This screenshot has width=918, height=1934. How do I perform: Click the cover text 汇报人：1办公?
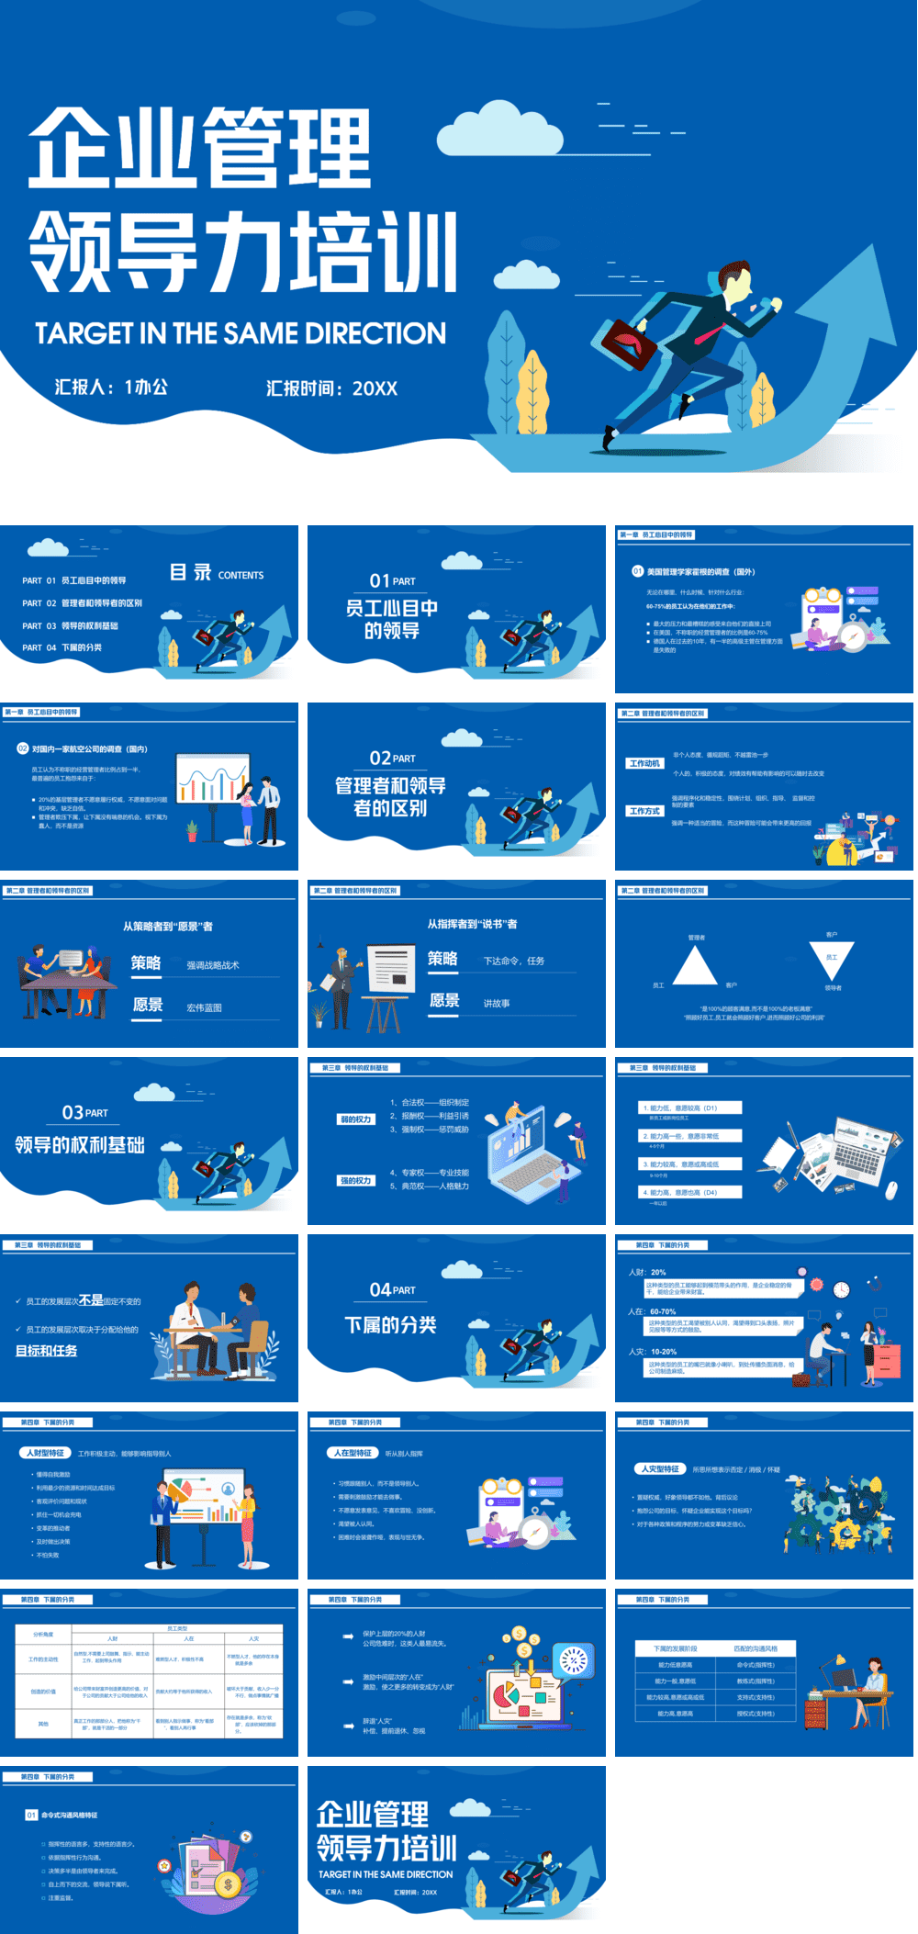point(111,388)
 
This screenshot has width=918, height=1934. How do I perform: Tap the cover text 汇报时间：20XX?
point(331,388)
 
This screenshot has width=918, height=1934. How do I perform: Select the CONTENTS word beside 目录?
point(241,576)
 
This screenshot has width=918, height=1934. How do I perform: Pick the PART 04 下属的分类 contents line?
point(62,648)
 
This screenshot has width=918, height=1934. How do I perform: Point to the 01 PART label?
point(392,581)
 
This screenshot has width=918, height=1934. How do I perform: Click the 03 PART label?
point(84,1113)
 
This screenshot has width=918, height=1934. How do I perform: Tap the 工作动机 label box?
point(644,764)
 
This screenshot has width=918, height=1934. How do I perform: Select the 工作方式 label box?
point(644,812)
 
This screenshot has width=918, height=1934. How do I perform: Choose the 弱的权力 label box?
point(356,1119)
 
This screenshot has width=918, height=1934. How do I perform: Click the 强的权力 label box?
point(356,1181)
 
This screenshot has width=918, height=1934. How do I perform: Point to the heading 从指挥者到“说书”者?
point(472,924)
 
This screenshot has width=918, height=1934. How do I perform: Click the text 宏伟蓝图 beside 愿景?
point(204,1008)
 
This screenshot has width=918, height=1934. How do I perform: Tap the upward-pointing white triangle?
point(695,967)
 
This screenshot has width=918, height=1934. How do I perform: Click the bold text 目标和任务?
point(47,1351)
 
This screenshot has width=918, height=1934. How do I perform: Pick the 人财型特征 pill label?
point(46,1454)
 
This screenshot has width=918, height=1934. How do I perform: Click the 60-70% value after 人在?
point(663,1312)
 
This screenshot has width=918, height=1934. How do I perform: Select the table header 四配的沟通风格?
point(756,1648)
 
